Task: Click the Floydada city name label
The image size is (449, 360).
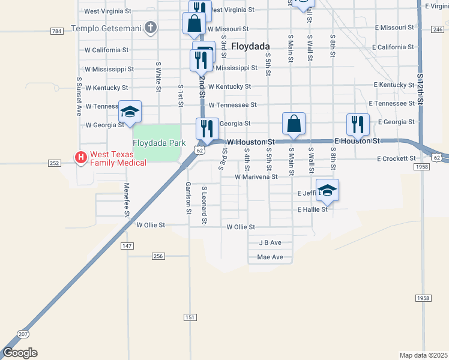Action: pos(250,46)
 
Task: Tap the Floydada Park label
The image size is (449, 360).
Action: pos(155,143)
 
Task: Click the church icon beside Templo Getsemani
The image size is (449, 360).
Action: pos(151,28)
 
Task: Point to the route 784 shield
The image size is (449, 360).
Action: pos(57,31)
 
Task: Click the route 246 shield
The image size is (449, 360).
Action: pos(438,29)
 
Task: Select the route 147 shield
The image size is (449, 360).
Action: pos(127,246)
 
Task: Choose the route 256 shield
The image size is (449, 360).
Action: pos(158,256)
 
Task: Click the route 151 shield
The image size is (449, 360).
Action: pos(190,317)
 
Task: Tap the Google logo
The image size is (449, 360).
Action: pos(20,353)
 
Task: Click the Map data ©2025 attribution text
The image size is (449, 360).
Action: pos(423,355)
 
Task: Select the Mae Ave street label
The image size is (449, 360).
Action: pos(270,257)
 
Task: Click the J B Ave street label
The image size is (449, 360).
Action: pos(270,243)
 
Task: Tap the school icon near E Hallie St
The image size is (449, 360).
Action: pos(327,190)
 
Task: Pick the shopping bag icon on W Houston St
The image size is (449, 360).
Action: pos(294,124)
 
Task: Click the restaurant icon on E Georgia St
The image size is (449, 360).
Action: pos(358,124)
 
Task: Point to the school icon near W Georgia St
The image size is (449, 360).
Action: pos(130,112)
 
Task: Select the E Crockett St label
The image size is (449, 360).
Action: pos(396,158)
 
